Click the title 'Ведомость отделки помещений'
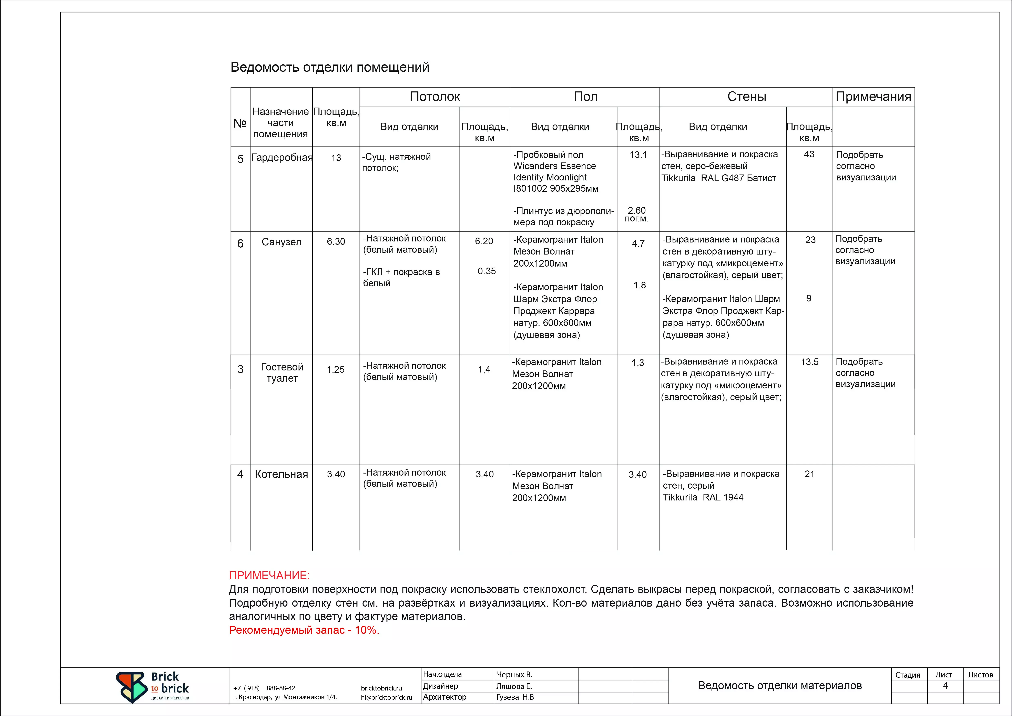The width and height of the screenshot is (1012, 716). [330, 67]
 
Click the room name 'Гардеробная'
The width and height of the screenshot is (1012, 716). [282, 158]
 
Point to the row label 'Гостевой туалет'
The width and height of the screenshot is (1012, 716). [282, 372]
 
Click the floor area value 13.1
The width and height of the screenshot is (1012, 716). [638, 155]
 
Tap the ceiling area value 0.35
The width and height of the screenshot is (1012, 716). [487, 271]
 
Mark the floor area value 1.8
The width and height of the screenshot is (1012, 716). [640, 285]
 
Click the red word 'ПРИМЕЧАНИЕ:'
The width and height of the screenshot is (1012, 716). [269, 575]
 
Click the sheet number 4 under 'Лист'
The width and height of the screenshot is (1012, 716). [945, 686]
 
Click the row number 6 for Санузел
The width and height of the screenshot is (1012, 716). [240, 243]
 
